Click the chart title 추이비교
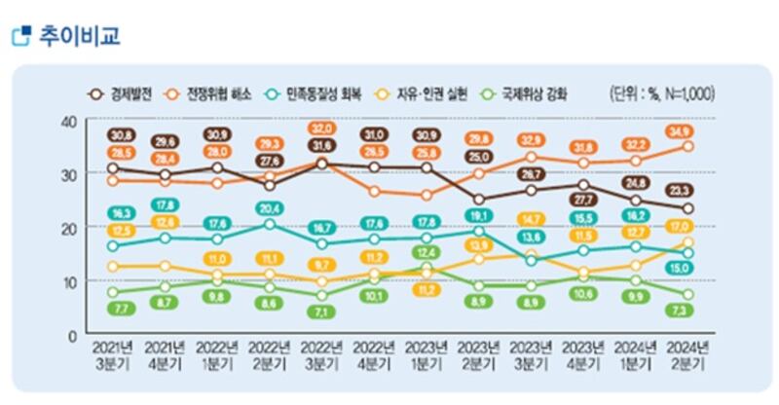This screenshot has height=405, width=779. [79, 37]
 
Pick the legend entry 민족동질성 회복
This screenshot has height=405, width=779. [326, 93]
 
